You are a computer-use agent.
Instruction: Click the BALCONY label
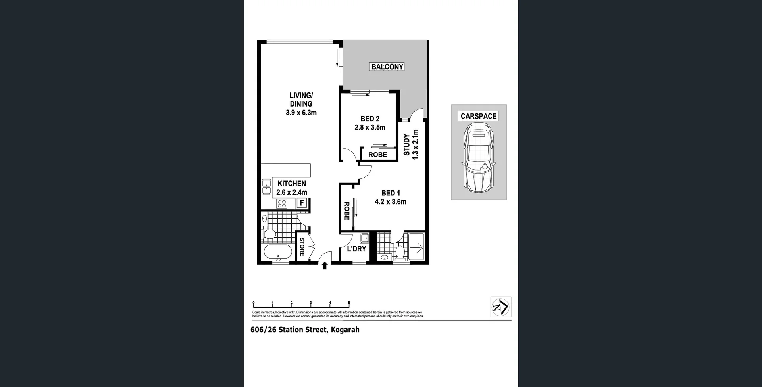tap(387, 67)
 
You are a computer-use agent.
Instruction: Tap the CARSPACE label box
tap(478, 116)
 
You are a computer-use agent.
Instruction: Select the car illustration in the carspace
tap(479, 158)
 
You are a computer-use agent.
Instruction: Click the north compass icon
tap(500, 307)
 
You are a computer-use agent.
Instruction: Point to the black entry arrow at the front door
tap(325, 266)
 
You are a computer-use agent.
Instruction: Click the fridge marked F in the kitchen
tap(302, 203)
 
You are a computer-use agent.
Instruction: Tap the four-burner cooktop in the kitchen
tap(282, 204)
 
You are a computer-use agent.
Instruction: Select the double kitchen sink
tap(266, 187)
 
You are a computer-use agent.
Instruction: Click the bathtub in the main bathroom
tap(278, 252)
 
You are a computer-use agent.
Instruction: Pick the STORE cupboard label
tap(302, 247)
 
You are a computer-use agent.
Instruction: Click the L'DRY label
tap(356, 249)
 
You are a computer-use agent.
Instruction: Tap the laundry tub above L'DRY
tap(364, 238)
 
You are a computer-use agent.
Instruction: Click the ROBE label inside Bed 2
tap(377, 155)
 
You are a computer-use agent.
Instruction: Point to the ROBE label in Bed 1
tap(346, 211)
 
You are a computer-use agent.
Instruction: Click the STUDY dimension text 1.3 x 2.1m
tap(416, 144)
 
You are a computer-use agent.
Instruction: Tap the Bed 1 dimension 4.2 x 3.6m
tap(391, 202)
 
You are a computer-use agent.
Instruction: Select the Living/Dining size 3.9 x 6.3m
tap(301, 113)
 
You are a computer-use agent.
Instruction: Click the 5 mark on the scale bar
tap(349, 303)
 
